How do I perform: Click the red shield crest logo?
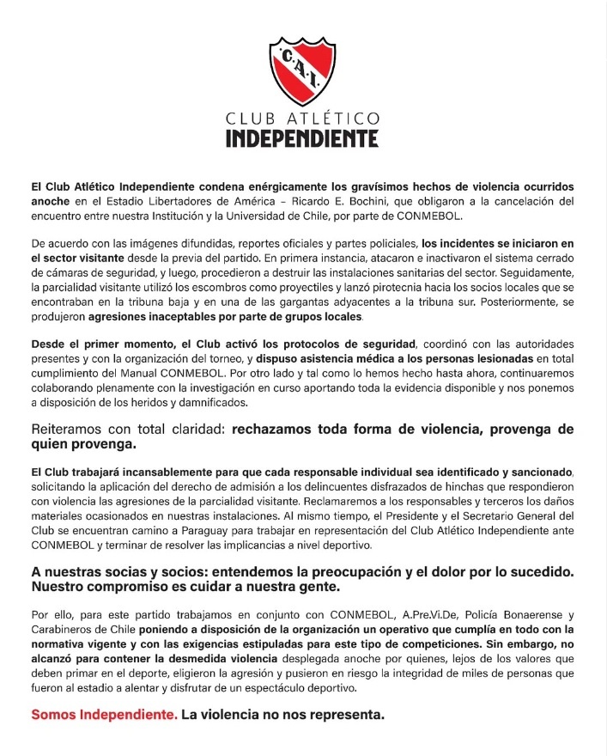point(303,70)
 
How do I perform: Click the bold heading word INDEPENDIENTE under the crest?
point(302,137)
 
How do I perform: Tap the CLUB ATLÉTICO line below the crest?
point(302,118)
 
